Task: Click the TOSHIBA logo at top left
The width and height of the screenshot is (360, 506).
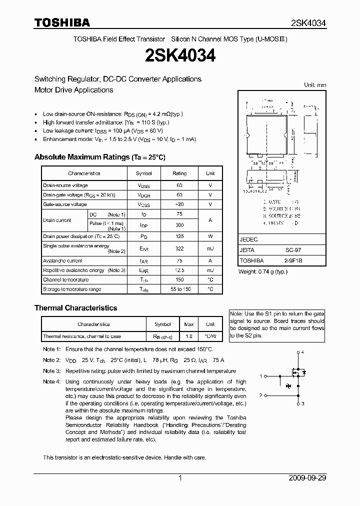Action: click(62, 22)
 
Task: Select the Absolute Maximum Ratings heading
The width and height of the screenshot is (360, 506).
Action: click(99, 157)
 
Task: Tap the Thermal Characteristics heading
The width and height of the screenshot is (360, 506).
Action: click(75, 308)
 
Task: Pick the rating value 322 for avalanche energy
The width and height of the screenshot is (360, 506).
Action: click(179, 248)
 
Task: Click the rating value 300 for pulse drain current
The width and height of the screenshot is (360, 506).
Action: click(179, 225)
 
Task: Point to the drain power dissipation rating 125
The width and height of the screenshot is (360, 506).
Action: click(179, 236)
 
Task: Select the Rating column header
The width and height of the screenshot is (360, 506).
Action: click(179, 173)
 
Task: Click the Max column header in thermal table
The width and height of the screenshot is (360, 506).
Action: click(189, 324)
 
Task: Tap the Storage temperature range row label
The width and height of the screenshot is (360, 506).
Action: click(72, 289)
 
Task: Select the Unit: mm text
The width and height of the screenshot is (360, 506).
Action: click(315, 85)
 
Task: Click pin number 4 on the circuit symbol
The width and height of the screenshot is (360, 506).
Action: click(303, 352)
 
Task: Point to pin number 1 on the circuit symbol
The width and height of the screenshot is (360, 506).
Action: click(261, 376)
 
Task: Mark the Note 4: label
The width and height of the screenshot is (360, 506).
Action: click(51, 382)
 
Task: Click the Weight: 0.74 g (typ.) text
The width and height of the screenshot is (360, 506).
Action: click(263, 272)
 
